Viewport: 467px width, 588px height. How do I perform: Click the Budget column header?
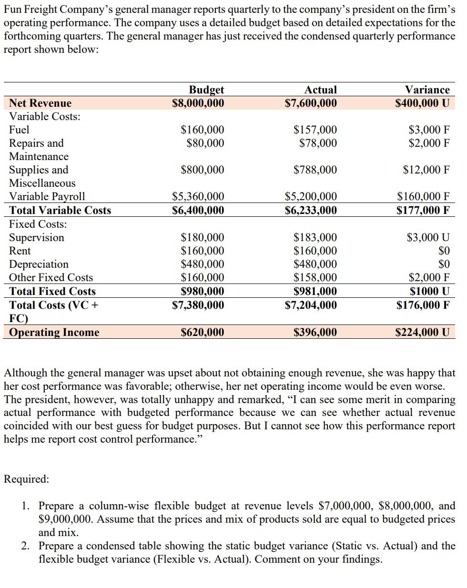click(206, 90)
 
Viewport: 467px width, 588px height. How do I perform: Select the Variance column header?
click(427, 90)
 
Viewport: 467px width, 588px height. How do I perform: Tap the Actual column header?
click(320, 90)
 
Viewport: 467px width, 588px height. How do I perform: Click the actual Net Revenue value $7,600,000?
click(311, 103)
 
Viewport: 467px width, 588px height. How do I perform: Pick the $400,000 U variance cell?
click(422, 103)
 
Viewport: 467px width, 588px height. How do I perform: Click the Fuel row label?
click(19, 130)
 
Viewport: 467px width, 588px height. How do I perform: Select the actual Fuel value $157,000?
click(315, 130)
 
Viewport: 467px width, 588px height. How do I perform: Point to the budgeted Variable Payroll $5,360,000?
click(198, 196)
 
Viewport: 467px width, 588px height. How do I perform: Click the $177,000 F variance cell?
click(423, 210)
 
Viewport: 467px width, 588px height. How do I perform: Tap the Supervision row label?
click(36, 237)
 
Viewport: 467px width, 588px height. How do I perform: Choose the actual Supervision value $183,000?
click(315, 237)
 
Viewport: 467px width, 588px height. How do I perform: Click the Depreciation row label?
click(39, 264)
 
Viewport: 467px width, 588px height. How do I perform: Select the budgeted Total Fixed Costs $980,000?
click(203, 291)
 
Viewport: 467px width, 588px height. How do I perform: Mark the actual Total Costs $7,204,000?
click(311, 305)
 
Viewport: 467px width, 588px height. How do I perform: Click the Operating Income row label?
click(54, 332)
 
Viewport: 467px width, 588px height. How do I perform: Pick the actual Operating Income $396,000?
click(315, 332)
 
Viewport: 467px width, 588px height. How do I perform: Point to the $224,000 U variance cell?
click(422, 332)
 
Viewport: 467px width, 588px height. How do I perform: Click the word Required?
click(26, 479)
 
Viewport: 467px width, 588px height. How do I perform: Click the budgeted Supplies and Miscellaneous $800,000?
click(203, 170)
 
